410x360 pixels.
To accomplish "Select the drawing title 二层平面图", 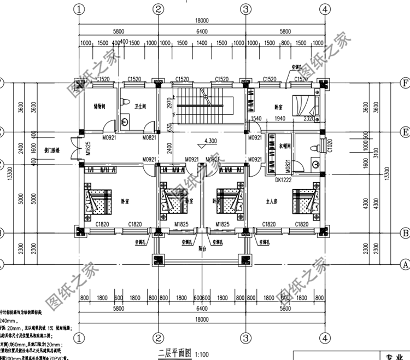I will point(172,353).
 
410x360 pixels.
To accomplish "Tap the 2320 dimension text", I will point(308,119).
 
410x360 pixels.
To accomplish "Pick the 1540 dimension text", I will point(256,119).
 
